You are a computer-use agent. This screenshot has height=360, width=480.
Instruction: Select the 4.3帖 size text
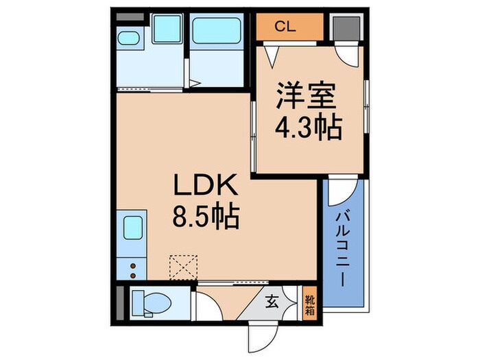308,128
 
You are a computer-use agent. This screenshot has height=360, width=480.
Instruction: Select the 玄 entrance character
271,299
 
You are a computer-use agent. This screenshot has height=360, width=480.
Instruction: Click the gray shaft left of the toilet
121,301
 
